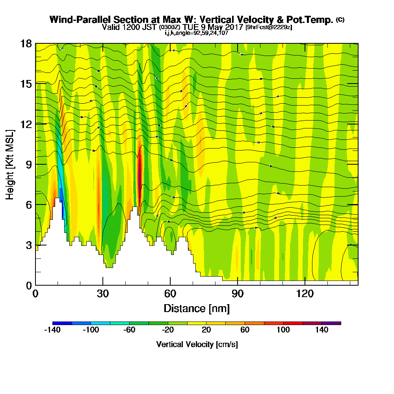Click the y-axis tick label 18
click(26, 43)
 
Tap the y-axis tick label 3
click(28, 245)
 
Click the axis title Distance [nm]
click(197, 308)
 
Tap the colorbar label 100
click(283, 330)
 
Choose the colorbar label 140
click(322, 330)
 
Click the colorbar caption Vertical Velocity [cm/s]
click(197, 344)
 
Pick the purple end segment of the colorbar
click(331, 323)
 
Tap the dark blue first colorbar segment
click(62, 323)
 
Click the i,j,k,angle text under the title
click(197, 33)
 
